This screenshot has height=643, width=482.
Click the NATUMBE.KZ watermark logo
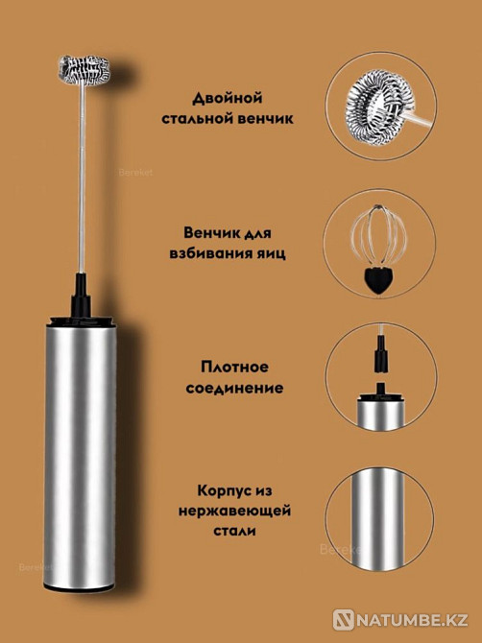click(x=403, y=621)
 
